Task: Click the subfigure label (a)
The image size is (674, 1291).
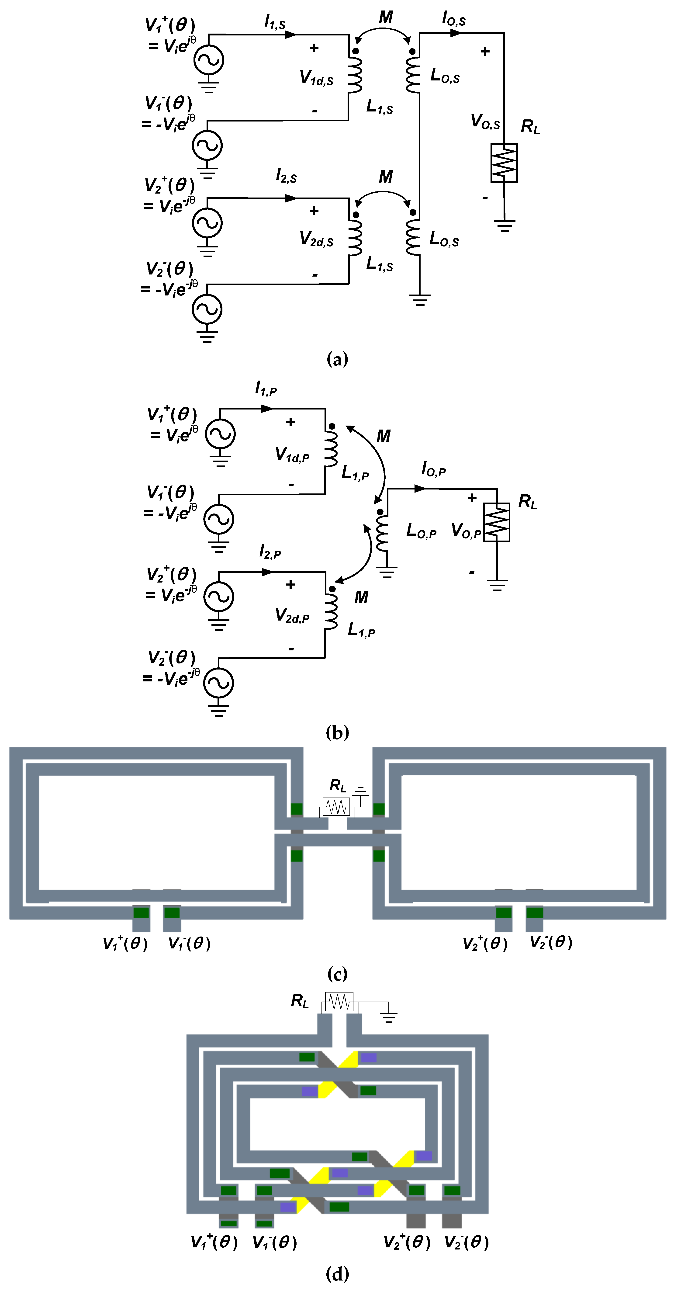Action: tap(337, 359)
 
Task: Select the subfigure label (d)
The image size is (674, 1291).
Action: tap(337, 1274)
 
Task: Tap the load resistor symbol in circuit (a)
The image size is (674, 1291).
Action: tap(504, 163)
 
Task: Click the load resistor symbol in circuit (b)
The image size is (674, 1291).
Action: tap(497, 522)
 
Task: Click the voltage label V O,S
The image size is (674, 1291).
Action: tap(485, 121)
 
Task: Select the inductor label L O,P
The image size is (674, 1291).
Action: tap(421, 530)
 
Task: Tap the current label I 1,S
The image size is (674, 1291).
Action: tap(275, 21)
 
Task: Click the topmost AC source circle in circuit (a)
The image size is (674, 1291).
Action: tap(208, 60)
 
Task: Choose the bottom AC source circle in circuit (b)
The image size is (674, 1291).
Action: tap(218, 683)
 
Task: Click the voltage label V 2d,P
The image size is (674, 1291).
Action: tap(292, 615)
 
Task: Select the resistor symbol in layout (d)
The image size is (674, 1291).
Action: tap(339, 1002)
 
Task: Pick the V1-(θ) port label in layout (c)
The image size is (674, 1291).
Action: tap(189, 944)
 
